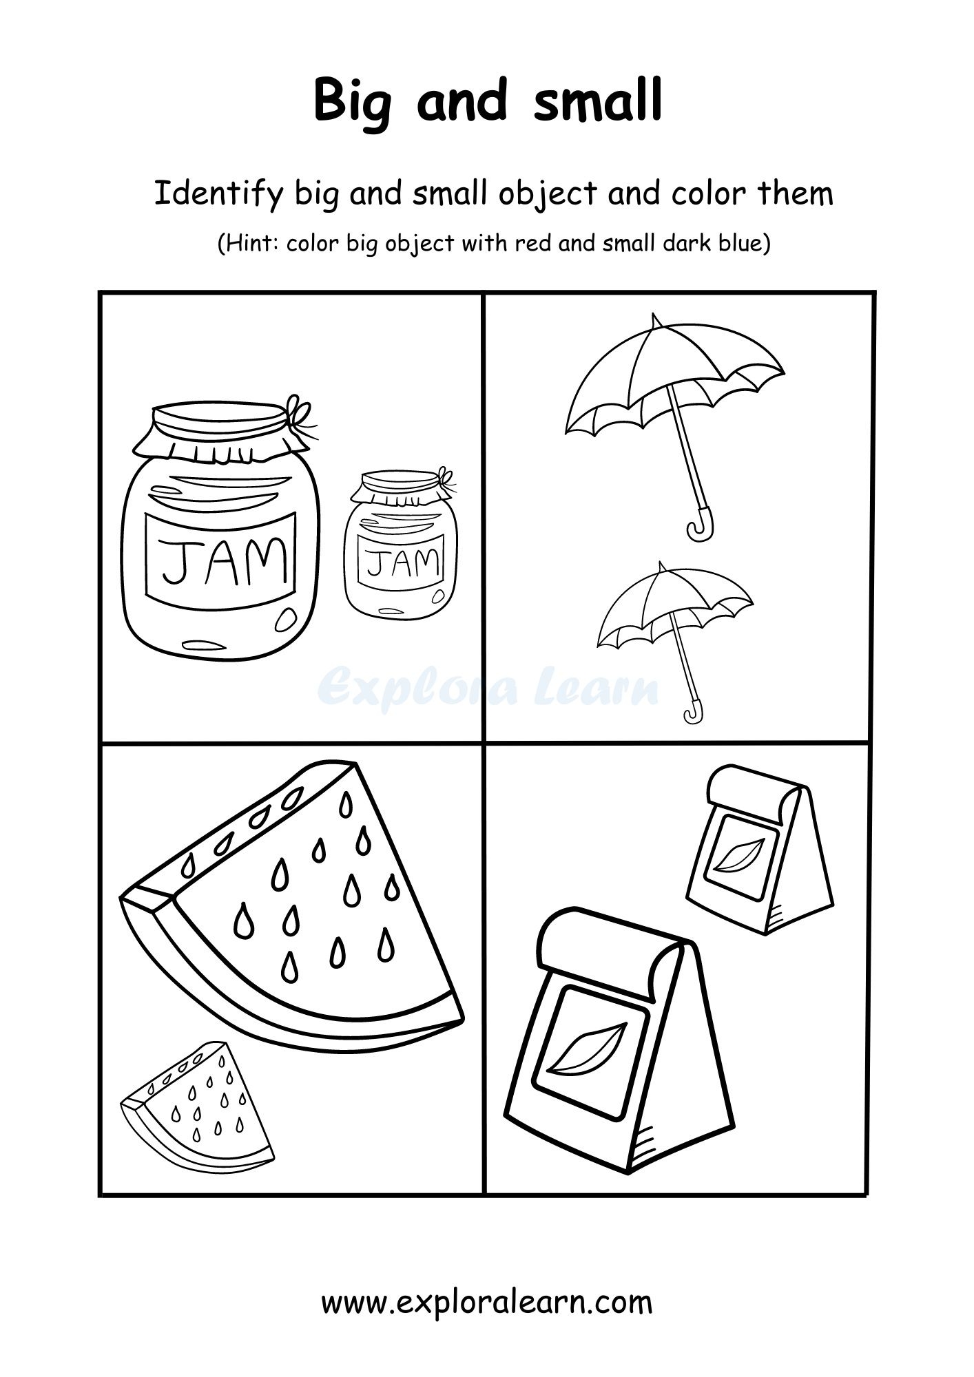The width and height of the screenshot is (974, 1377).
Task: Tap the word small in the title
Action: pyautogui.click(x=598, y=101)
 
